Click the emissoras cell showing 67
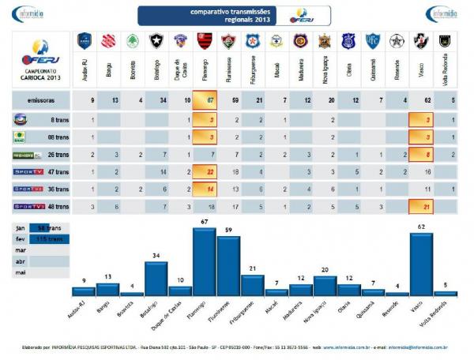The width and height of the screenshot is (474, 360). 205,101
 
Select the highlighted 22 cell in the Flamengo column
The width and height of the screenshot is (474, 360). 205,171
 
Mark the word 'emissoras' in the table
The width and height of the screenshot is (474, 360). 40,101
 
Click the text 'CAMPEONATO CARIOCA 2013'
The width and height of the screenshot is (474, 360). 36,74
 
